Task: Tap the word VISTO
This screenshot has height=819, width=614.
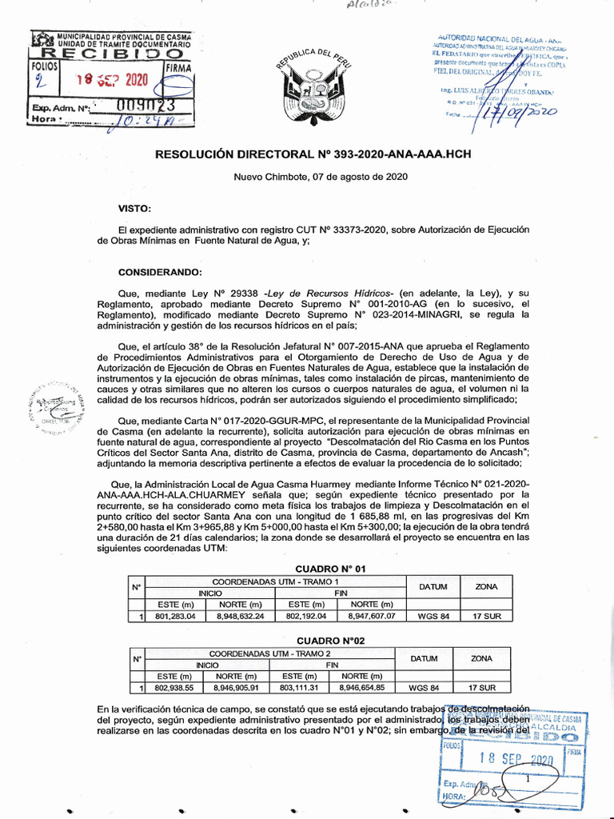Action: (x=134, y=208)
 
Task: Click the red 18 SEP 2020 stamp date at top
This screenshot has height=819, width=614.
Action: (x=113, y=80)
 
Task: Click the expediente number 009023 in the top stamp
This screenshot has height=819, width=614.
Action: (x=144, y=105)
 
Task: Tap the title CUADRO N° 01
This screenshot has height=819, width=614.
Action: (x=330, y=568)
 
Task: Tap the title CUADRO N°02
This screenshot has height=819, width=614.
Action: (x=330, y=641)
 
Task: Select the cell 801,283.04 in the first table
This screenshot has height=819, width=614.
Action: (x=174, y=617)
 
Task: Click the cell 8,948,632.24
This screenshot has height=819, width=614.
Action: (x=240, y=617)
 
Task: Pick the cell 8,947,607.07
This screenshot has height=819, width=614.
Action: (x=372, y=617)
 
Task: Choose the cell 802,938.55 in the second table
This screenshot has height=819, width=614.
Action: (x=174, y=688)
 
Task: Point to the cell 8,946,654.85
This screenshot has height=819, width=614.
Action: (x=362, y=688)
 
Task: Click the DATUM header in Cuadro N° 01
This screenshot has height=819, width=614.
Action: (x=433, y=587)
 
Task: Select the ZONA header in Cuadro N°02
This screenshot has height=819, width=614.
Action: (x=481, y=658)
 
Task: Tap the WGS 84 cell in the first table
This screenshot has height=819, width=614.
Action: (x=433, y=617)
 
